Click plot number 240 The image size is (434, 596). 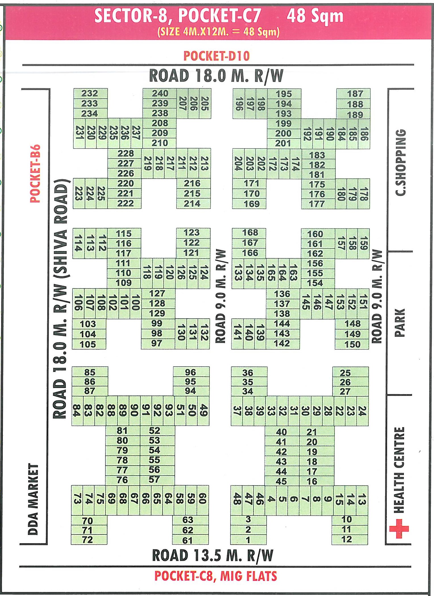coord(160,93)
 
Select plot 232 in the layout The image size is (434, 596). coord(90,93)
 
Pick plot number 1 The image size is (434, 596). coord(248,540)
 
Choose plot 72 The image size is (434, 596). coord(87,539)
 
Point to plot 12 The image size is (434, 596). coord(346,539)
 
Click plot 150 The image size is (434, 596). coord(352,344)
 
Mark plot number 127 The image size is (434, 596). coord(157,293)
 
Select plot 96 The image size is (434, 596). coord(190,372)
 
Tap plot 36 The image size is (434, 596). coord(248,373)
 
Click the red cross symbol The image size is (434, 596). coord(399,528)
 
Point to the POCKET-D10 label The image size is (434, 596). coord(217,56)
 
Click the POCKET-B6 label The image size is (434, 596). coord(36,173)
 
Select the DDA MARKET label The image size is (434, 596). coord(33,499)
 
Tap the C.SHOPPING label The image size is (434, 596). coord(401,162)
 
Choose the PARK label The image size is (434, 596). coord(400,323)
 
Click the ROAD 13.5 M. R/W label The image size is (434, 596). coord(213,556)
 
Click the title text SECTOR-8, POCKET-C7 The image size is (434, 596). coord(178,16)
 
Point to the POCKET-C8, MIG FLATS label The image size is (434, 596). coord(215,576)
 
